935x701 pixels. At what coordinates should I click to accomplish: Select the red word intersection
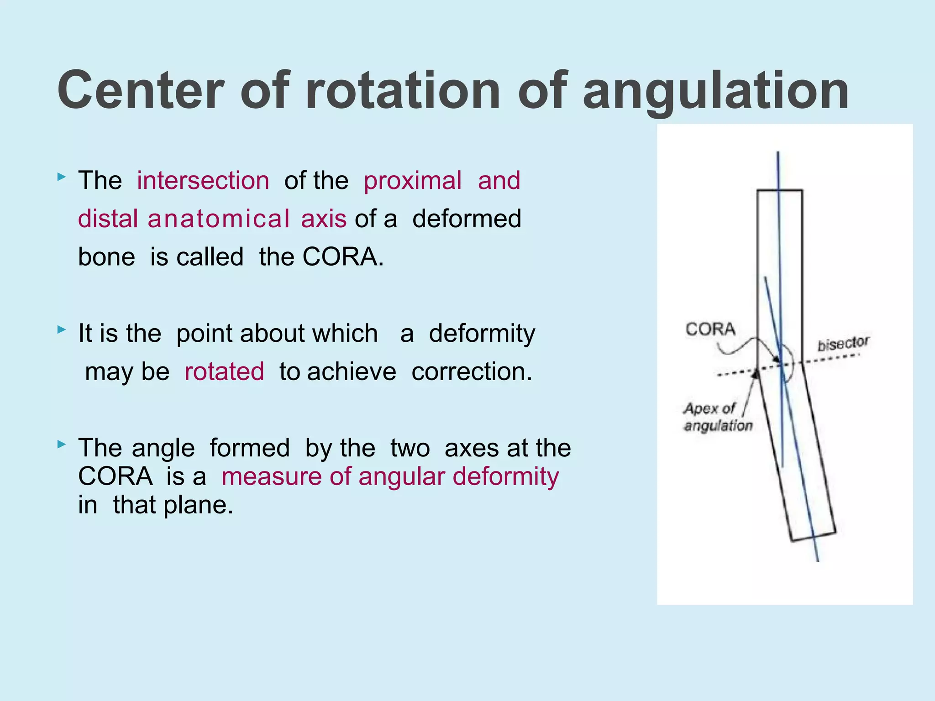[x=203, y=180]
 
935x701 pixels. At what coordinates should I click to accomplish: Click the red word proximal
[x=413, y=181]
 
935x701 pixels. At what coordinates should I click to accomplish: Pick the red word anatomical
[x=219, y=219]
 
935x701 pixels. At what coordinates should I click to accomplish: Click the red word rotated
[x=224, y=371]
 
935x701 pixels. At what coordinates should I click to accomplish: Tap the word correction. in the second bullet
[x=472, y=371]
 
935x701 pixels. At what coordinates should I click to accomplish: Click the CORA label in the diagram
[x=710, y=329]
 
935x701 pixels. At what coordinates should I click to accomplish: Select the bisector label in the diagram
[x=843, y=344]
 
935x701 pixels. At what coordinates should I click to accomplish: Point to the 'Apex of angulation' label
[x=717, y=417]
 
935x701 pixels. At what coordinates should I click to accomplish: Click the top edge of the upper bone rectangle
[x=780, y=190]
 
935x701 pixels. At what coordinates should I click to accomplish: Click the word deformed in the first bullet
[x=467, y=219]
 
